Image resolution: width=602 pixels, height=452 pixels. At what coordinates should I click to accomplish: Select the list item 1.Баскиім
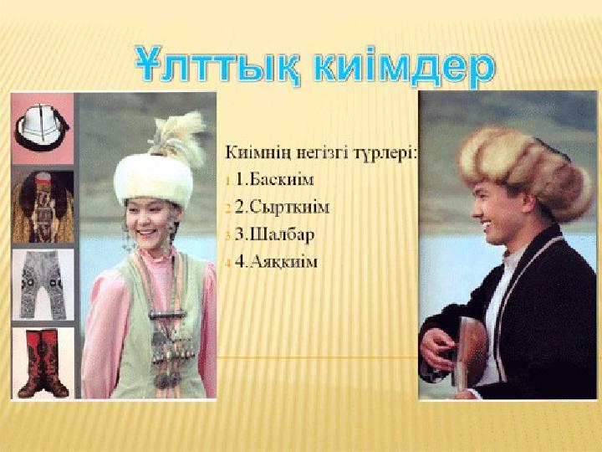(275, 179)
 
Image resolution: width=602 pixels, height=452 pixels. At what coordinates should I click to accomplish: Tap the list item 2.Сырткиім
(282, 207)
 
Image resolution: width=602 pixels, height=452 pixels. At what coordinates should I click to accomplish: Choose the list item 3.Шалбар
(274, 234)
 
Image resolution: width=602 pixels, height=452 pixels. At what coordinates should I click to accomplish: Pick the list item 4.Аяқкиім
(276, 262)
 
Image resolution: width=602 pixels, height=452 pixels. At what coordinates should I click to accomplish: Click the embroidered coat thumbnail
(43, 207)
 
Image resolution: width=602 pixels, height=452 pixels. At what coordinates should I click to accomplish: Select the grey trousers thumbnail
(43, 285)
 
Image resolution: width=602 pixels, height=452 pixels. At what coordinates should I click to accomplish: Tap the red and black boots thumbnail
(43, 362)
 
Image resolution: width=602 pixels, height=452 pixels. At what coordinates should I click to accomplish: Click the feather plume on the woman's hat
(176, 137)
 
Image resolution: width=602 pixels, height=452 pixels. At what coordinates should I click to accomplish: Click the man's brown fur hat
(525, 172)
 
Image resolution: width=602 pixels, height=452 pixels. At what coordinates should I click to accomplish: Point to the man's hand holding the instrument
(436, 348)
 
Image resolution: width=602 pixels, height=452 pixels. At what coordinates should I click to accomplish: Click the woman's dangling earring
(128, 235)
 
